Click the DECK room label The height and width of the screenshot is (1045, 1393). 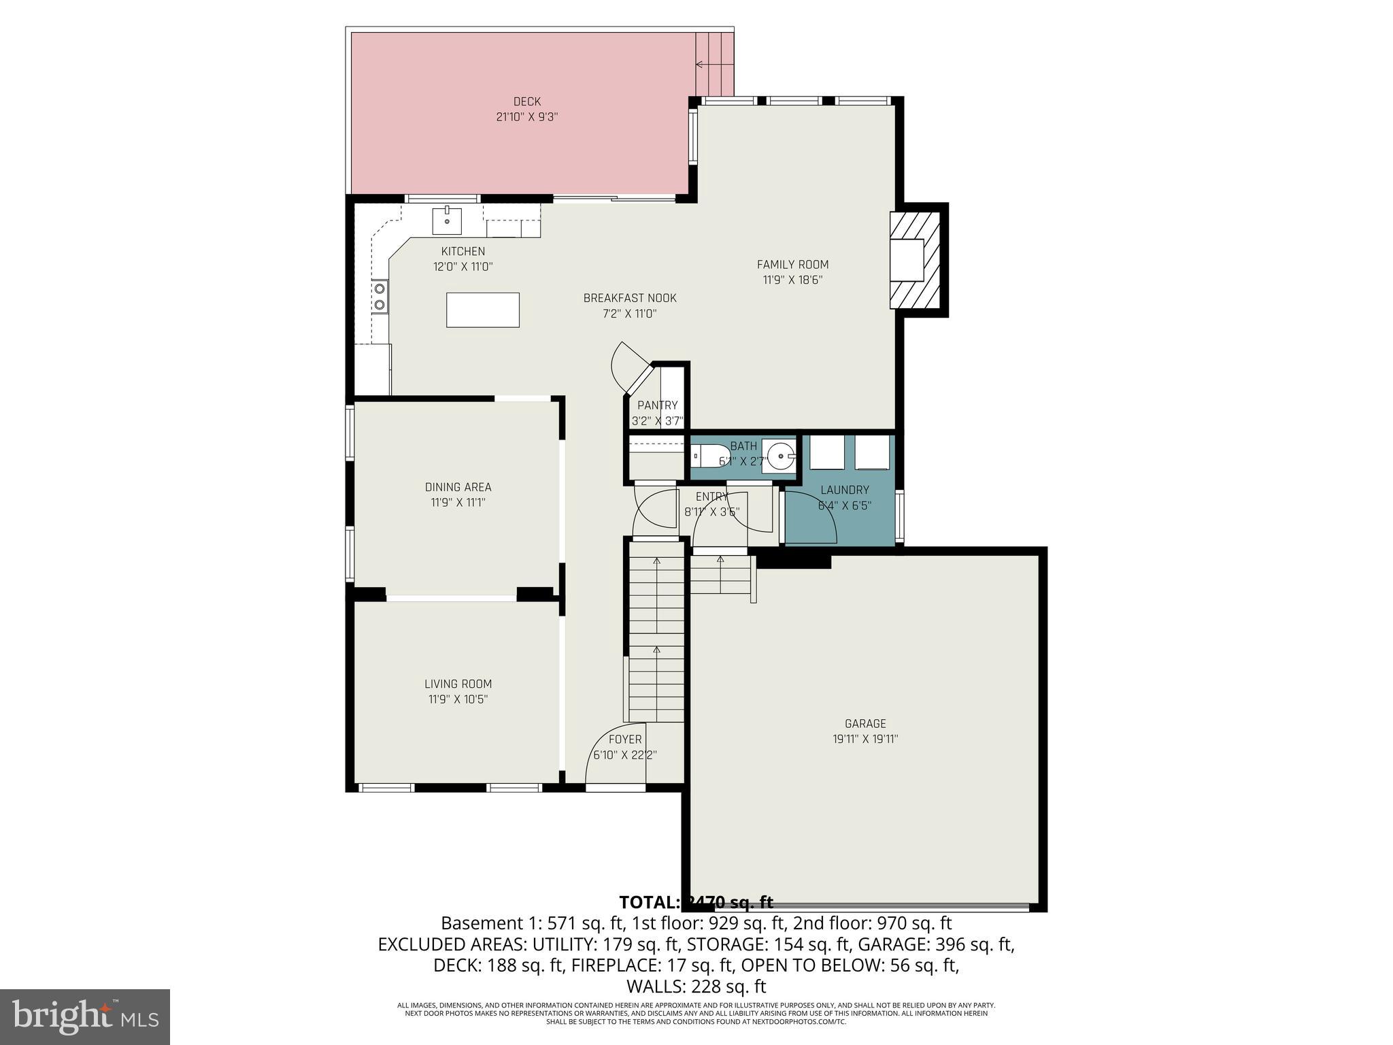pyautogui.click(x=526, y=102)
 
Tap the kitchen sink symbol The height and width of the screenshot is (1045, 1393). pyautogui.click(x=448, y=220)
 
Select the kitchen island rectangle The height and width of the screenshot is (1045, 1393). pyautogui.click(x=483, y=310)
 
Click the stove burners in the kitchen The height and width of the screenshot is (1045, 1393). pyautogui.click(x=380, y=297)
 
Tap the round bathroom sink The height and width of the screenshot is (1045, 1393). pyautogui.click(x=781, y=454)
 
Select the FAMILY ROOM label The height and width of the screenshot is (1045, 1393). pyautogui.click(x=792, y=265)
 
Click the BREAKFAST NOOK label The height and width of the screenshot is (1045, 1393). pyautogui.click(x=630, y=299)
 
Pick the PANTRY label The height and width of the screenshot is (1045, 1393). pyautogui.click(x=657, y=405)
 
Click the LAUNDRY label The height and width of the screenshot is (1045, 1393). pyautogui.click(x=844, y=490)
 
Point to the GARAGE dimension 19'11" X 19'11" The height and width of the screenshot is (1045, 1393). pyautogui.click(x=865, y=739)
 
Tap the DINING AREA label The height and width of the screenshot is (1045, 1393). pyautogui.click(x=458, y=487)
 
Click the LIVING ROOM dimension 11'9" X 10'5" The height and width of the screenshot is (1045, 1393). pyautogui.click(x=458, y=699)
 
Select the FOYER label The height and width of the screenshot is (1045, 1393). pyautogui.click(x=624, y=740)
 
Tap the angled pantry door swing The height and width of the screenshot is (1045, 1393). pyautogui.click(x=626, y=367)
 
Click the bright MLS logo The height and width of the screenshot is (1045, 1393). pyautogui.click(x=85, y=1016)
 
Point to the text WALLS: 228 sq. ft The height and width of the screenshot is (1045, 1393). pyautogui.click(x=696, y=986)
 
